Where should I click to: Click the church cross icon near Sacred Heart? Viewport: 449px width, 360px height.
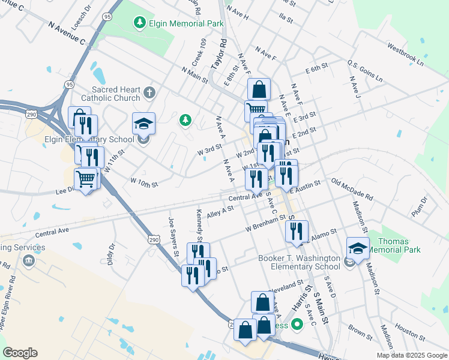tap(149, 93)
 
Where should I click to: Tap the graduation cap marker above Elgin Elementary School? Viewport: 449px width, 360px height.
tap(143, 124)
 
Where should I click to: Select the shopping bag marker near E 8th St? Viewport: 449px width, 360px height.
tap(259, 89)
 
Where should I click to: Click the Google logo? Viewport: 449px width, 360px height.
tap(20, 353)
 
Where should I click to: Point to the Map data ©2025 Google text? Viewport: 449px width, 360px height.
tap(412, 355)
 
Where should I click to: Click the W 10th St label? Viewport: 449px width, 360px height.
tap(144, 182)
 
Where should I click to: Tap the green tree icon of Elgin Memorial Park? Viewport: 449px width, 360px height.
tap(140, 23)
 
